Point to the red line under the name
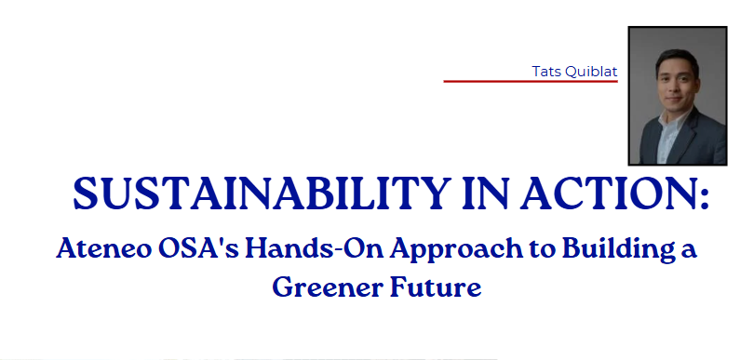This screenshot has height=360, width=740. click(x=531, y=82)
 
